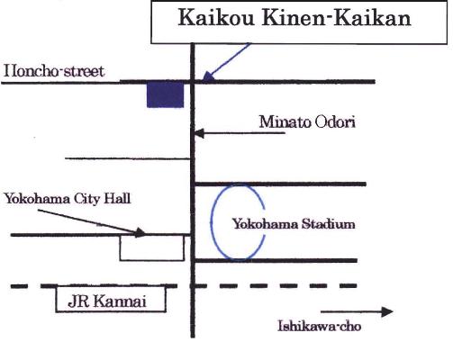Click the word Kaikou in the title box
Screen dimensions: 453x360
point(216,18)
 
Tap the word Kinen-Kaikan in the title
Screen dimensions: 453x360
point(337,18)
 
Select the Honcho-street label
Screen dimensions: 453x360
point(54,71)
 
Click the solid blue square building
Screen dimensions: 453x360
point(165,94)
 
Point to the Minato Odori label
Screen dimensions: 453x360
point(307,122)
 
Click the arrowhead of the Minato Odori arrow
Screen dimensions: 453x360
point(200,133)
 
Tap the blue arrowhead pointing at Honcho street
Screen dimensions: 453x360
point(208,77)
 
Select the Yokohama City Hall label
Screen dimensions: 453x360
point(68,199)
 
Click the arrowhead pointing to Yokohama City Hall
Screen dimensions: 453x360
point(140,232)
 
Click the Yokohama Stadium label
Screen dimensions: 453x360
point(294,224)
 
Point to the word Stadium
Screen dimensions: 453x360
point(328,224)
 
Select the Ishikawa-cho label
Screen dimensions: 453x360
point(320,326)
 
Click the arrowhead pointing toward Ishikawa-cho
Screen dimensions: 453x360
point(387,312)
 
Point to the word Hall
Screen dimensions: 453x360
point(117,199)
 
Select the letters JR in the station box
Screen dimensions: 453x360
point(78,301)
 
